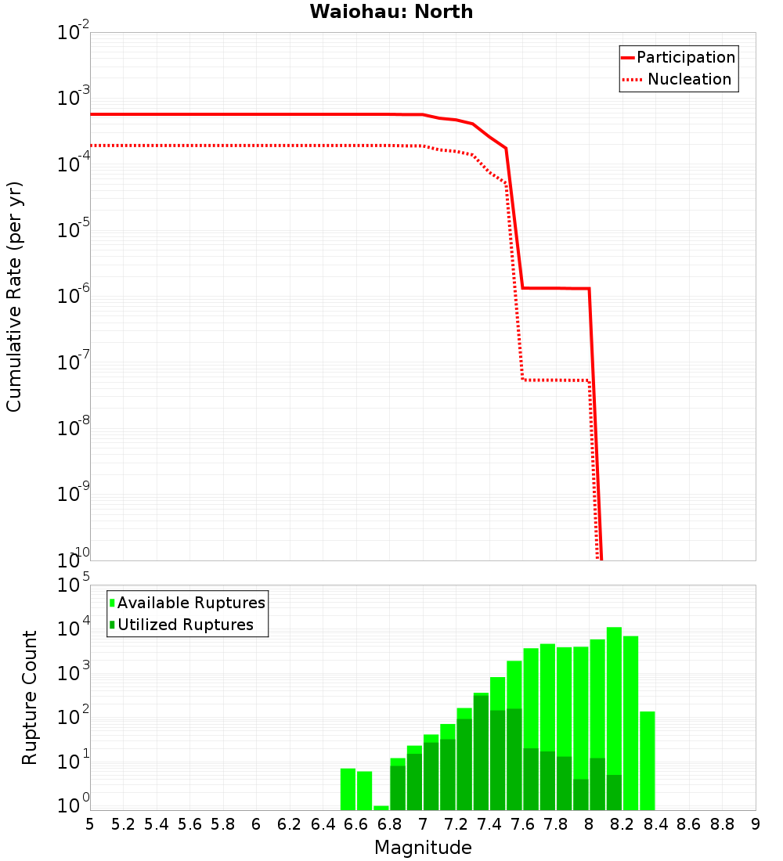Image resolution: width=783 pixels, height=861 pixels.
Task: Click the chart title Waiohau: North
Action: click(x=391, y=12)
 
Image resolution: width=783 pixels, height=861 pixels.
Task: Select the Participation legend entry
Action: click(x=685, y=57)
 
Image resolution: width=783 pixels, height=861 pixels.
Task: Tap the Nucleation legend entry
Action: click(x=688, y=79)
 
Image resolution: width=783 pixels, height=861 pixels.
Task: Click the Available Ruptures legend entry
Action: click(x=191, y=603)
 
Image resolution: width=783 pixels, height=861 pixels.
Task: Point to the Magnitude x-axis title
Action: click(x=423, y=848)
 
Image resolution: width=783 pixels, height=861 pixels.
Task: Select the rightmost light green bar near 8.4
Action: click(x=648, y=759)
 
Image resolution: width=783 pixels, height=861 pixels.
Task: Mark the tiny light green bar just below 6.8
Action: click(x=381, y=808)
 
